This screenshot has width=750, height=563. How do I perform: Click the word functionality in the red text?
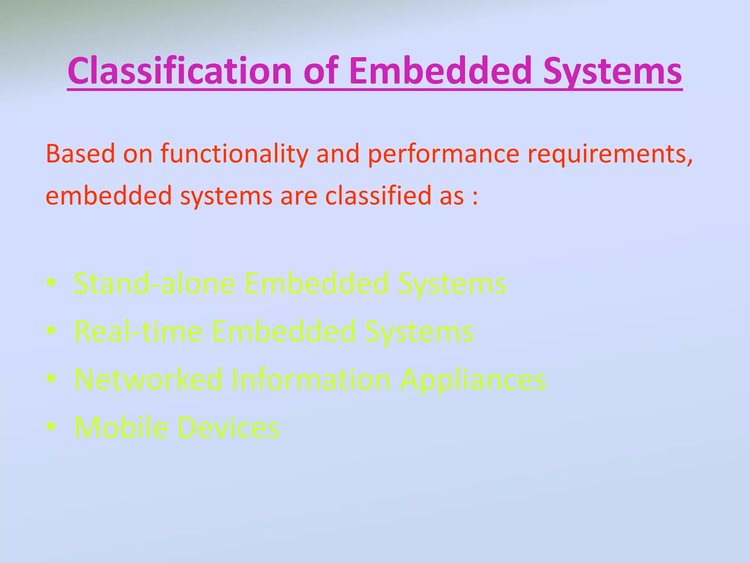[x=234, y=154]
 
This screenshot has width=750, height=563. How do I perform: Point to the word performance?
[x=443, y=154]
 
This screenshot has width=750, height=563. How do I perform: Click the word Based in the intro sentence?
[x=80, y=154]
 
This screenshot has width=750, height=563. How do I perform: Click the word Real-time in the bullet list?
[x=138, y=331]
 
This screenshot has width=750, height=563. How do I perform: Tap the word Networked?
[x=148, y=379]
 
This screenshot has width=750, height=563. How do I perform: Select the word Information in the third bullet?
[x=311, y=379]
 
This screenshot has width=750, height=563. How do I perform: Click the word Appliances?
[x=472, y=379]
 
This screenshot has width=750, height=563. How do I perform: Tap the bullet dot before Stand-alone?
[x=51, y=283]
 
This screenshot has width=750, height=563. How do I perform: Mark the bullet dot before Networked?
[x=51, y=378]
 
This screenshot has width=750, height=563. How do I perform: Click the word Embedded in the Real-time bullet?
[x=284, y=331]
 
